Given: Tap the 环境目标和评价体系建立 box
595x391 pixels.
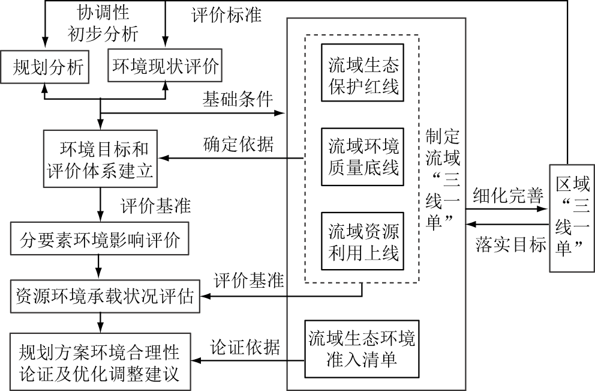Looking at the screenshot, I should pyautogui.click(x=100, y=159).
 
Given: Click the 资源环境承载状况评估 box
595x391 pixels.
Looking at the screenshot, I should pyautogui.click(x=106, y=296).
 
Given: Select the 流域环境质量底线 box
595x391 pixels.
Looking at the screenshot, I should pyautogui.click(x=363, y=158).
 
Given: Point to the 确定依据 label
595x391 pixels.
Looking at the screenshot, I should pyautogui.click(x=239, y=145).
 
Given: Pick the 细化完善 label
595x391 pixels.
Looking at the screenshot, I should pyautogui.click(x=508, y=196).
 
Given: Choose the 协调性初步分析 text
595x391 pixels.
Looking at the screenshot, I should pyautogui.click(x=107, y=22).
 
